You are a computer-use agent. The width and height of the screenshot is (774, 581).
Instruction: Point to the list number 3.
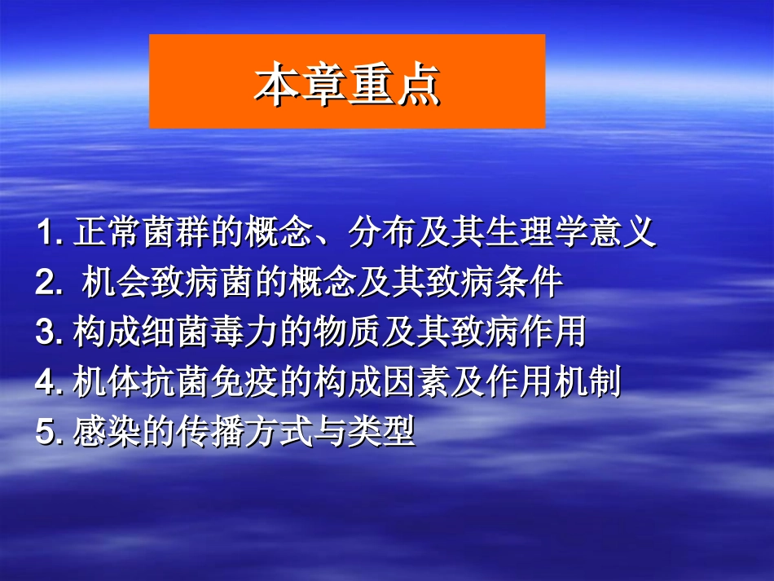pos(49,332)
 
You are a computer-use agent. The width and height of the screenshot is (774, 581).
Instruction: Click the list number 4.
pos(49,382)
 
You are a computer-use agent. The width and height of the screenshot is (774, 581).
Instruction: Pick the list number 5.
pos(49,431)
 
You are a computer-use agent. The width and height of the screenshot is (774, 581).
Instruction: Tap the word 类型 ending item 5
pos(382,431)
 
